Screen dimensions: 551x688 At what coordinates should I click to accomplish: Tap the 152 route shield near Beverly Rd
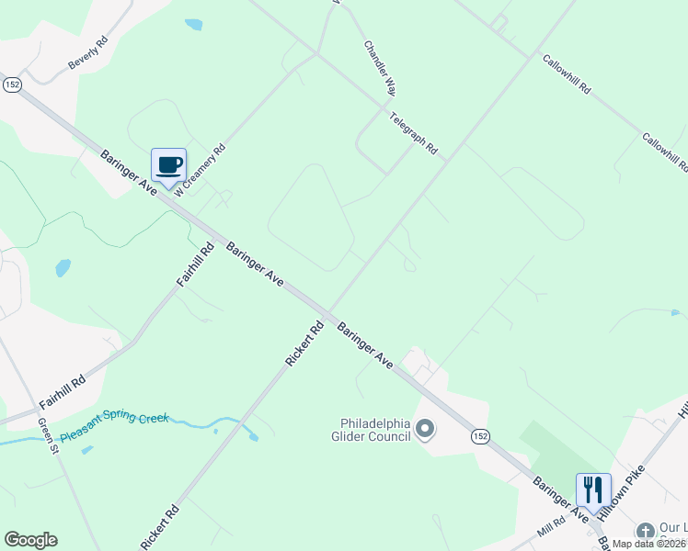point(12,84)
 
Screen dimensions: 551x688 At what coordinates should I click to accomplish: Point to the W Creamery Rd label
point(201,170)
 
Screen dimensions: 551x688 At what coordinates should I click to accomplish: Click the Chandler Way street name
point(380,68)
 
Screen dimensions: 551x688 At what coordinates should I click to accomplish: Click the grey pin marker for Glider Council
point(425,428)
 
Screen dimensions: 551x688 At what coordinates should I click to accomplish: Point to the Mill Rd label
point(552,532)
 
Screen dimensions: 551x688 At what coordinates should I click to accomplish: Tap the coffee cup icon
point(168,165)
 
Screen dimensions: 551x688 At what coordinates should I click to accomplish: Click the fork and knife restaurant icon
point(593,489)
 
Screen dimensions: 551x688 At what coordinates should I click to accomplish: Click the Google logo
point(30,540)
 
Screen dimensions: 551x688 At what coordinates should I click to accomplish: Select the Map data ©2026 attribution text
point(649,544)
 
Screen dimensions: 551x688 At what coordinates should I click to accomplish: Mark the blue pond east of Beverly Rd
point(193,25)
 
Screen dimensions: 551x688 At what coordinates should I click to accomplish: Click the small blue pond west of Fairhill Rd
point(63,268)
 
